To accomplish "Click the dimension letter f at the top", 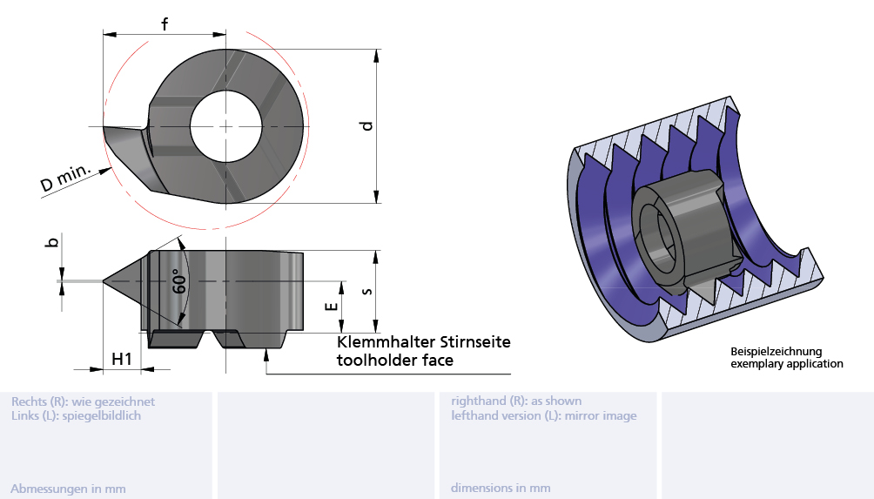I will pos(165,24).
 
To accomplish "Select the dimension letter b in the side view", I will pos(51,241).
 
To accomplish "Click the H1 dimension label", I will pos(122,358).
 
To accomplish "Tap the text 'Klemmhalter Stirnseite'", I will pos(423,341).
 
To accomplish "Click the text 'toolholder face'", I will pos(394,360).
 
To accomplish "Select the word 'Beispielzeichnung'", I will pos(776,352).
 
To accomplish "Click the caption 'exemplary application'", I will pos(786,364).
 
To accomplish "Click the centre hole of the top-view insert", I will pos(226,125).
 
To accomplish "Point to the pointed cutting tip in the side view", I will pos(106,281).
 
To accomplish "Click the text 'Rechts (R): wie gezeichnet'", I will pos(83,401).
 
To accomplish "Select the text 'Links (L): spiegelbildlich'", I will pos(76,415).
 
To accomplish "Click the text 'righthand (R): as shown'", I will pos(516,401).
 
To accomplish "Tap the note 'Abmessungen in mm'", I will pos(68,489).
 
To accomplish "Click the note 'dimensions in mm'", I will pos(500,489).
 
